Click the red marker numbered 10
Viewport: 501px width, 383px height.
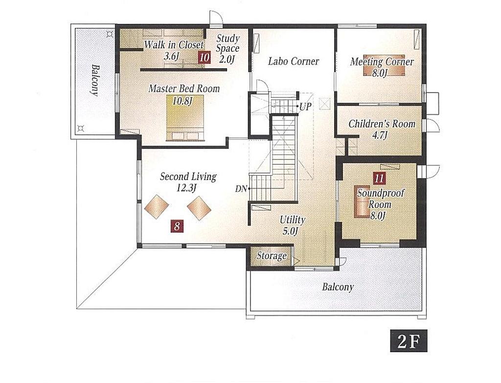204,58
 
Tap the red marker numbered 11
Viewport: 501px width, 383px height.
379,178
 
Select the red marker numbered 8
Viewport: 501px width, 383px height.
177,226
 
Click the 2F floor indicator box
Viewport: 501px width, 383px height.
409,342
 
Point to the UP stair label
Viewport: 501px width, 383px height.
305,107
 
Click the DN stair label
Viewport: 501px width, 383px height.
241,189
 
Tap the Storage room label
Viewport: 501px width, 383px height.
272,256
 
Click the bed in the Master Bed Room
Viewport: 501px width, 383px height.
185,118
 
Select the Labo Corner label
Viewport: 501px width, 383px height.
294,61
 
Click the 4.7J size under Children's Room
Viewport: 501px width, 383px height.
380,135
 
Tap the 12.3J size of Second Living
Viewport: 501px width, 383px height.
186,188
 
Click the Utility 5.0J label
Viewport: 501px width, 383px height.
292,225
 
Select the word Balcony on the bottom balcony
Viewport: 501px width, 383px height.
338,287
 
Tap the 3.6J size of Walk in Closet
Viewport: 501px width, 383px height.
172,56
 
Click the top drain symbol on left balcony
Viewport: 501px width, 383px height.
110,33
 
